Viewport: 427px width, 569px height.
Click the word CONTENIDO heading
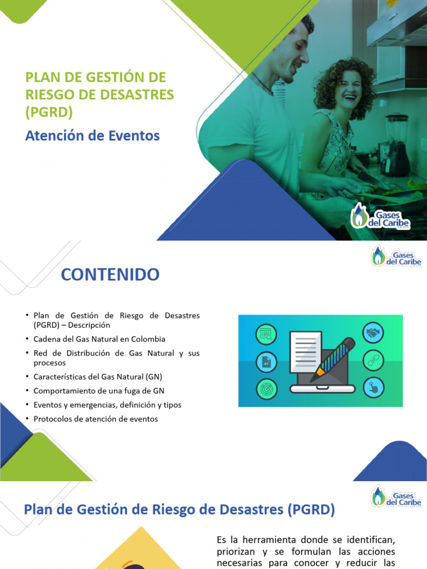pos(110,274)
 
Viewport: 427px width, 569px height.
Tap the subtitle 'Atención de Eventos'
pos(92,135)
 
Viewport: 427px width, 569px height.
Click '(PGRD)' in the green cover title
pos(49,112)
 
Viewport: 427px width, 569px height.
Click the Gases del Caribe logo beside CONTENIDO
pos(396,256)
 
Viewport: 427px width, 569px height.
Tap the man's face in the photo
pos(294,53)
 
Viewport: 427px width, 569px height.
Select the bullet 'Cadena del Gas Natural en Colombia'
pos(99,339)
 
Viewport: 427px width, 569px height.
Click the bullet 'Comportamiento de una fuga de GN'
pos(99,391)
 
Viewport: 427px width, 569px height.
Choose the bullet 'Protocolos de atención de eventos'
pos(96,419)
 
